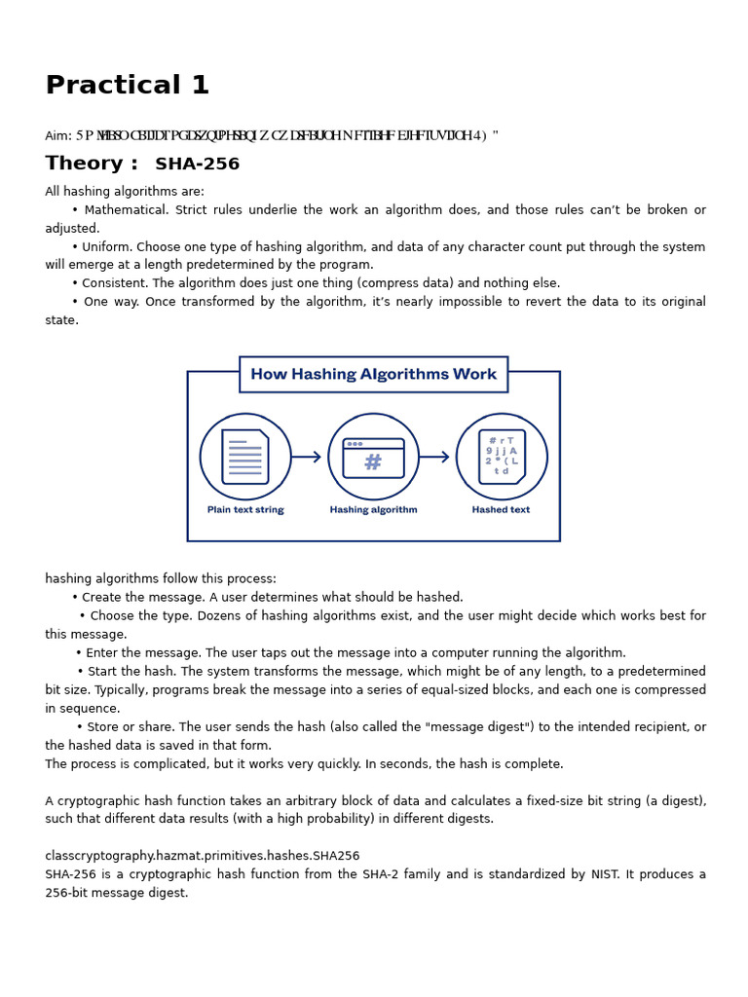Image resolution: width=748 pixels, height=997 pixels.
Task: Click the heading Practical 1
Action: pyautogui.click(x=128, y=86)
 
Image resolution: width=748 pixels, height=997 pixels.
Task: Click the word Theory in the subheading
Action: pyautogui.click(x=85, y=164)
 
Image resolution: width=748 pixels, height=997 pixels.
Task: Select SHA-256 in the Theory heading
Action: pyautogui.click(x=197, y=165)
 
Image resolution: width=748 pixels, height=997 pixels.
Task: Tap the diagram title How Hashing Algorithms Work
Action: pyautogui.click(x=373, y=375)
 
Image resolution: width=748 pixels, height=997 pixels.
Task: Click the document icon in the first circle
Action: pyautogui.click(x=245, y=457)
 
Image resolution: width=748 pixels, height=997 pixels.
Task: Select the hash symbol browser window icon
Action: pyautogui.click(x=373, y=458)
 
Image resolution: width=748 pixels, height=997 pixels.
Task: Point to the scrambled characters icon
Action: pyautogui.click(x=502, y=457)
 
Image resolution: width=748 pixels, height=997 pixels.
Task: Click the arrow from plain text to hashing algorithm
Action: pyautogui.click(x=306, y=457)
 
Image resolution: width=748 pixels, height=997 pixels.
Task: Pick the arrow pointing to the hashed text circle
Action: pyautogui.click(x=434, y=457)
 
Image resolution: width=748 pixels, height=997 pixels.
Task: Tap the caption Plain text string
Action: pyautogui.click(x=245, y=510)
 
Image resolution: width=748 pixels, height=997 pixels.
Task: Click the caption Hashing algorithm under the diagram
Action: pyautogui.click(x=373, y=510)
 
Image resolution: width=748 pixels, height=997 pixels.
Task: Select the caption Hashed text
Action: pyautogui.click(x=501, y=510)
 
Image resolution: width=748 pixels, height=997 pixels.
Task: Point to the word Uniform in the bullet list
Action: pyautogui.click(x=107, y=247)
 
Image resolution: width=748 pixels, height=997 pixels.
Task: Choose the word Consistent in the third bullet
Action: pyautogui.click(x=116, y=283)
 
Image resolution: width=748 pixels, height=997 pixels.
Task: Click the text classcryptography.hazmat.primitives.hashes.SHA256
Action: pyautogui.click(x=202, y=856)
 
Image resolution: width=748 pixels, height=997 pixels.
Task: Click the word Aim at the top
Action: pyautogui.click(x=56, y=136)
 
